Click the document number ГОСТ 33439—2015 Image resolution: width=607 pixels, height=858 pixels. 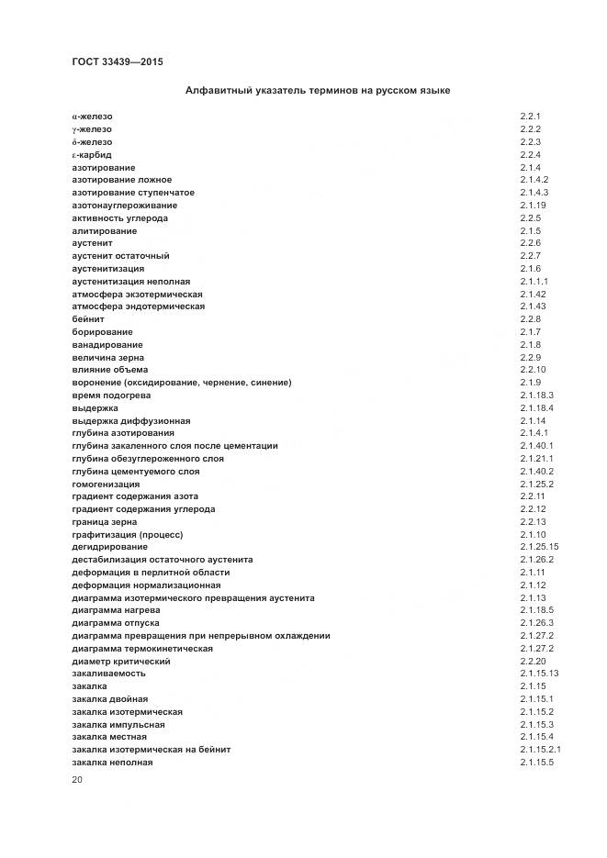[x=117, y=62]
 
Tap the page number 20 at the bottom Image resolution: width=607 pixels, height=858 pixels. [x=77, y=779]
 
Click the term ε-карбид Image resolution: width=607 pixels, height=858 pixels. [x=92, y=155]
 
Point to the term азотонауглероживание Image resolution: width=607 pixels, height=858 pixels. [x=125, y=206]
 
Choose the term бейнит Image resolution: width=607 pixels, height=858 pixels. [x=88, y=319]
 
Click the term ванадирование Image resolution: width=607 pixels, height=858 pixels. [x=107, y=344]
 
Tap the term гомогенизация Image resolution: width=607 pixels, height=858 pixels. [x=106, y=484]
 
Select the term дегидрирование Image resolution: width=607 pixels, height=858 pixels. [x=108, y=547]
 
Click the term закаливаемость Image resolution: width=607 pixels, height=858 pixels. [x=108, y=674]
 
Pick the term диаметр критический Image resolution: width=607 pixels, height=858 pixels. [x=120, y=661]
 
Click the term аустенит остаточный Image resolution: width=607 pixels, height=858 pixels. [x=120, y=256]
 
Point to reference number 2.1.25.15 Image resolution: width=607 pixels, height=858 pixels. [x=539, y=547]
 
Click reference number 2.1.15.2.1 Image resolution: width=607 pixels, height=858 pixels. [x=540, y=750]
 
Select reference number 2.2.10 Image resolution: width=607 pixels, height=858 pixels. [x=533, y=370]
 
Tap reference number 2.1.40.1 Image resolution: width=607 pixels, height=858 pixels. [x=536, y=446]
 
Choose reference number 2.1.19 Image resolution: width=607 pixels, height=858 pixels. [x=533, y=206]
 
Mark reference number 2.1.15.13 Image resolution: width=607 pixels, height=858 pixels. [x=539, y=674]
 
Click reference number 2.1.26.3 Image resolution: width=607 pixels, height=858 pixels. [x=536, y=623]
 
